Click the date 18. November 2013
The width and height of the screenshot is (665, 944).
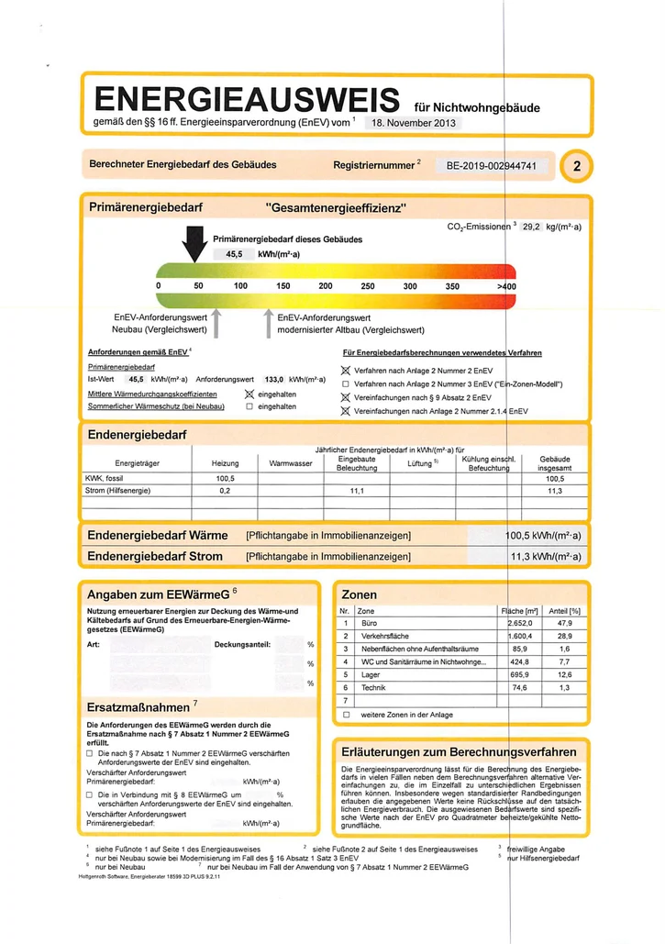[413, 123]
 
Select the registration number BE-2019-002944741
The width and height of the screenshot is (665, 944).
[496, 166]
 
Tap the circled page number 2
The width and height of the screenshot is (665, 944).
[575, 166]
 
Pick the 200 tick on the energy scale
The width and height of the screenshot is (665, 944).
[325, 286]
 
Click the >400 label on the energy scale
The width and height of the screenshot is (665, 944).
[506, 286]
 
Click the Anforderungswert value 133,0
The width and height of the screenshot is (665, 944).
[274, 378]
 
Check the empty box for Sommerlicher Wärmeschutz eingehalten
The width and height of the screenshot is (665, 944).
[248, 405]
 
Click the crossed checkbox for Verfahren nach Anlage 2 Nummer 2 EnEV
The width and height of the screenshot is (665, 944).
[346, 369]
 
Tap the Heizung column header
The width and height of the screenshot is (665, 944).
[225, 463]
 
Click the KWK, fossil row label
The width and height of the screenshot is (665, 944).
[103, 478]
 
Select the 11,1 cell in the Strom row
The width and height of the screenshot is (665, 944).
[357, 491]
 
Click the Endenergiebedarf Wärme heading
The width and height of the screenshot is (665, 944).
[157, 535]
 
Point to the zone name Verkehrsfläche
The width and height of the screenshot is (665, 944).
[382, 635]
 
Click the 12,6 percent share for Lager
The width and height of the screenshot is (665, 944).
[563, 674]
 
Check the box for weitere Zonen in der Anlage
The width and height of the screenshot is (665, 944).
[346, 713]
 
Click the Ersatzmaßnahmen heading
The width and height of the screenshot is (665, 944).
[139, 707]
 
